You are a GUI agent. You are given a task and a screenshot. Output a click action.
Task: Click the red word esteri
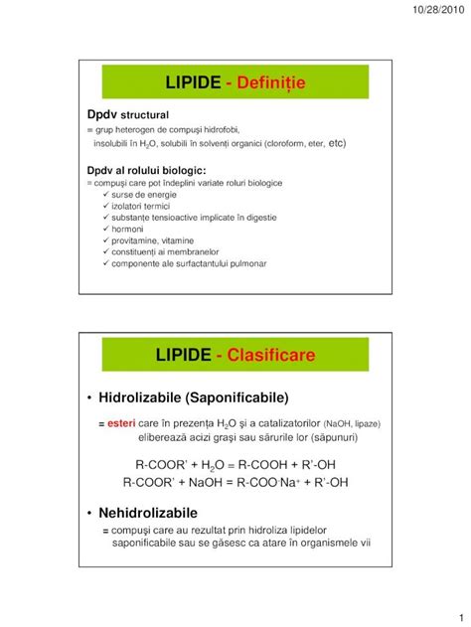pos(123,423)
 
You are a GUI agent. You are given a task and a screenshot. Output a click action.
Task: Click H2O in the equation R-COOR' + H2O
pos(212,464)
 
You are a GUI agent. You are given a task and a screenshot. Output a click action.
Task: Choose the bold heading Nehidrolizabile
pos(149,513)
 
